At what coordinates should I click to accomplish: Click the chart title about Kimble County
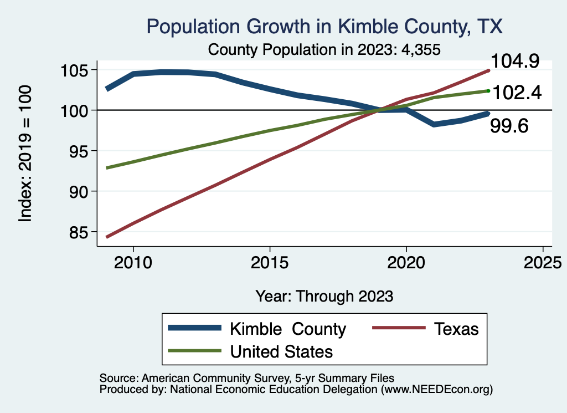click(x=324, y=27)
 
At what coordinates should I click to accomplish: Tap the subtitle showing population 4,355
click(x=324, y=49)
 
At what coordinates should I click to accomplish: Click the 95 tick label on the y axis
click(x=75, y=151)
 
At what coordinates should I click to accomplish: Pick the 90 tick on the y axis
click(x=75, y=191)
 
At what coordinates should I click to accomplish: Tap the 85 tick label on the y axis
click(x=75, y=232)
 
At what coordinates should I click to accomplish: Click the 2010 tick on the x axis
click(x=133, y=262)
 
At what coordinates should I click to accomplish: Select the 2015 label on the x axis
click(x=270, y=262)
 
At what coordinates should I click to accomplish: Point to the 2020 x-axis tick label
click(x=406, y=262)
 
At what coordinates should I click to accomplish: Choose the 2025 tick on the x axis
click(x=543, y=262)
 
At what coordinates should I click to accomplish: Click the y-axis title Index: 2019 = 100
click(x=25, y=154)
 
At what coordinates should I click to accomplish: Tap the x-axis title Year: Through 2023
click(x=324, y=295)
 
